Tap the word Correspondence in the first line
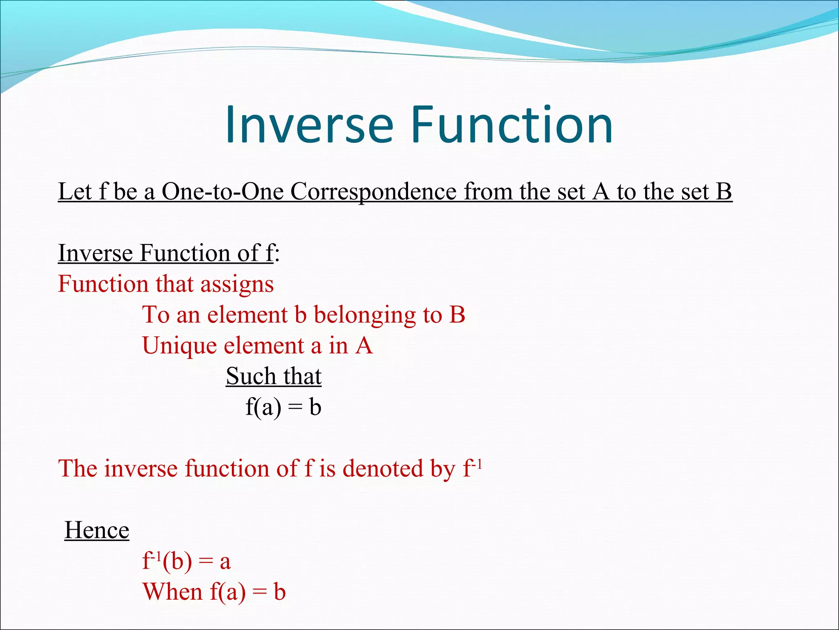373,191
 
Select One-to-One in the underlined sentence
222,191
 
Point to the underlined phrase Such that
274,376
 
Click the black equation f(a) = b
283,407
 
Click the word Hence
97,530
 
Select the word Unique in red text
179,345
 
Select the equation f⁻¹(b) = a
186,561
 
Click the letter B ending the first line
723,191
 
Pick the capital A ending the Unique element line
364,345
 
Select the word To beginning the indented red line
156,315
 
